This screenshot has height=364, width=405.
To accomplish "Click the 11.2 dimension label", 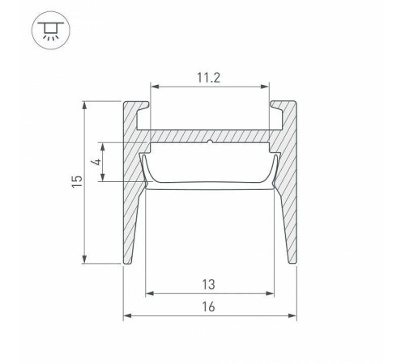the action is pyautogui.click(x=208, y=78).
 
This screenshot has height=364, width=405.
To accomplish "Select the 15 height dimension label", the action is pyautogui.click(x=77, y=181).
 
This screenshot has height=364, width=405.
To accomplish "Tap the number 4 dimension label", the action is pyautogui.click(x=96, y=162).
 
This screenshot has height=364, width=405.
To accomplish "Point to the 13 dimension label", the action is pyautogui.click(x=208, y=285).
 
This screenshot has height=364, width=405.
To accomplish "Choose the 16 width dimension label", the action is pyautogui.click(x=208, y=307).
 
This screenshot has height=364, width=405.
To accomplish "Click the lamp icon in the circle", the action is pyautogui.click(x=51, y=31).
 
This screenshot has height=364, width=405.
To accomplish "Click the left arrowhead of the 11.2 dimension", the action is pyautogui.click(x=155, y=87).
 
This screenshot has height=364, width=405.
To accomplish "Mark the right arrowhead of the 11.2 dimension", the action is pyautogui.click(x=265, y=87).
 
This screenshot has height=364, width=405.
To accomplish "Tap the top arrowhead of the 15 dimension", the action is pyautogui.click(x=85, y=105).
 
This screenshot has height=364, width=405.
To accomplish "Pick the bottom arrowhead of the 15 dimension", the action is pyautogui.click(x=85, y=259).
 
